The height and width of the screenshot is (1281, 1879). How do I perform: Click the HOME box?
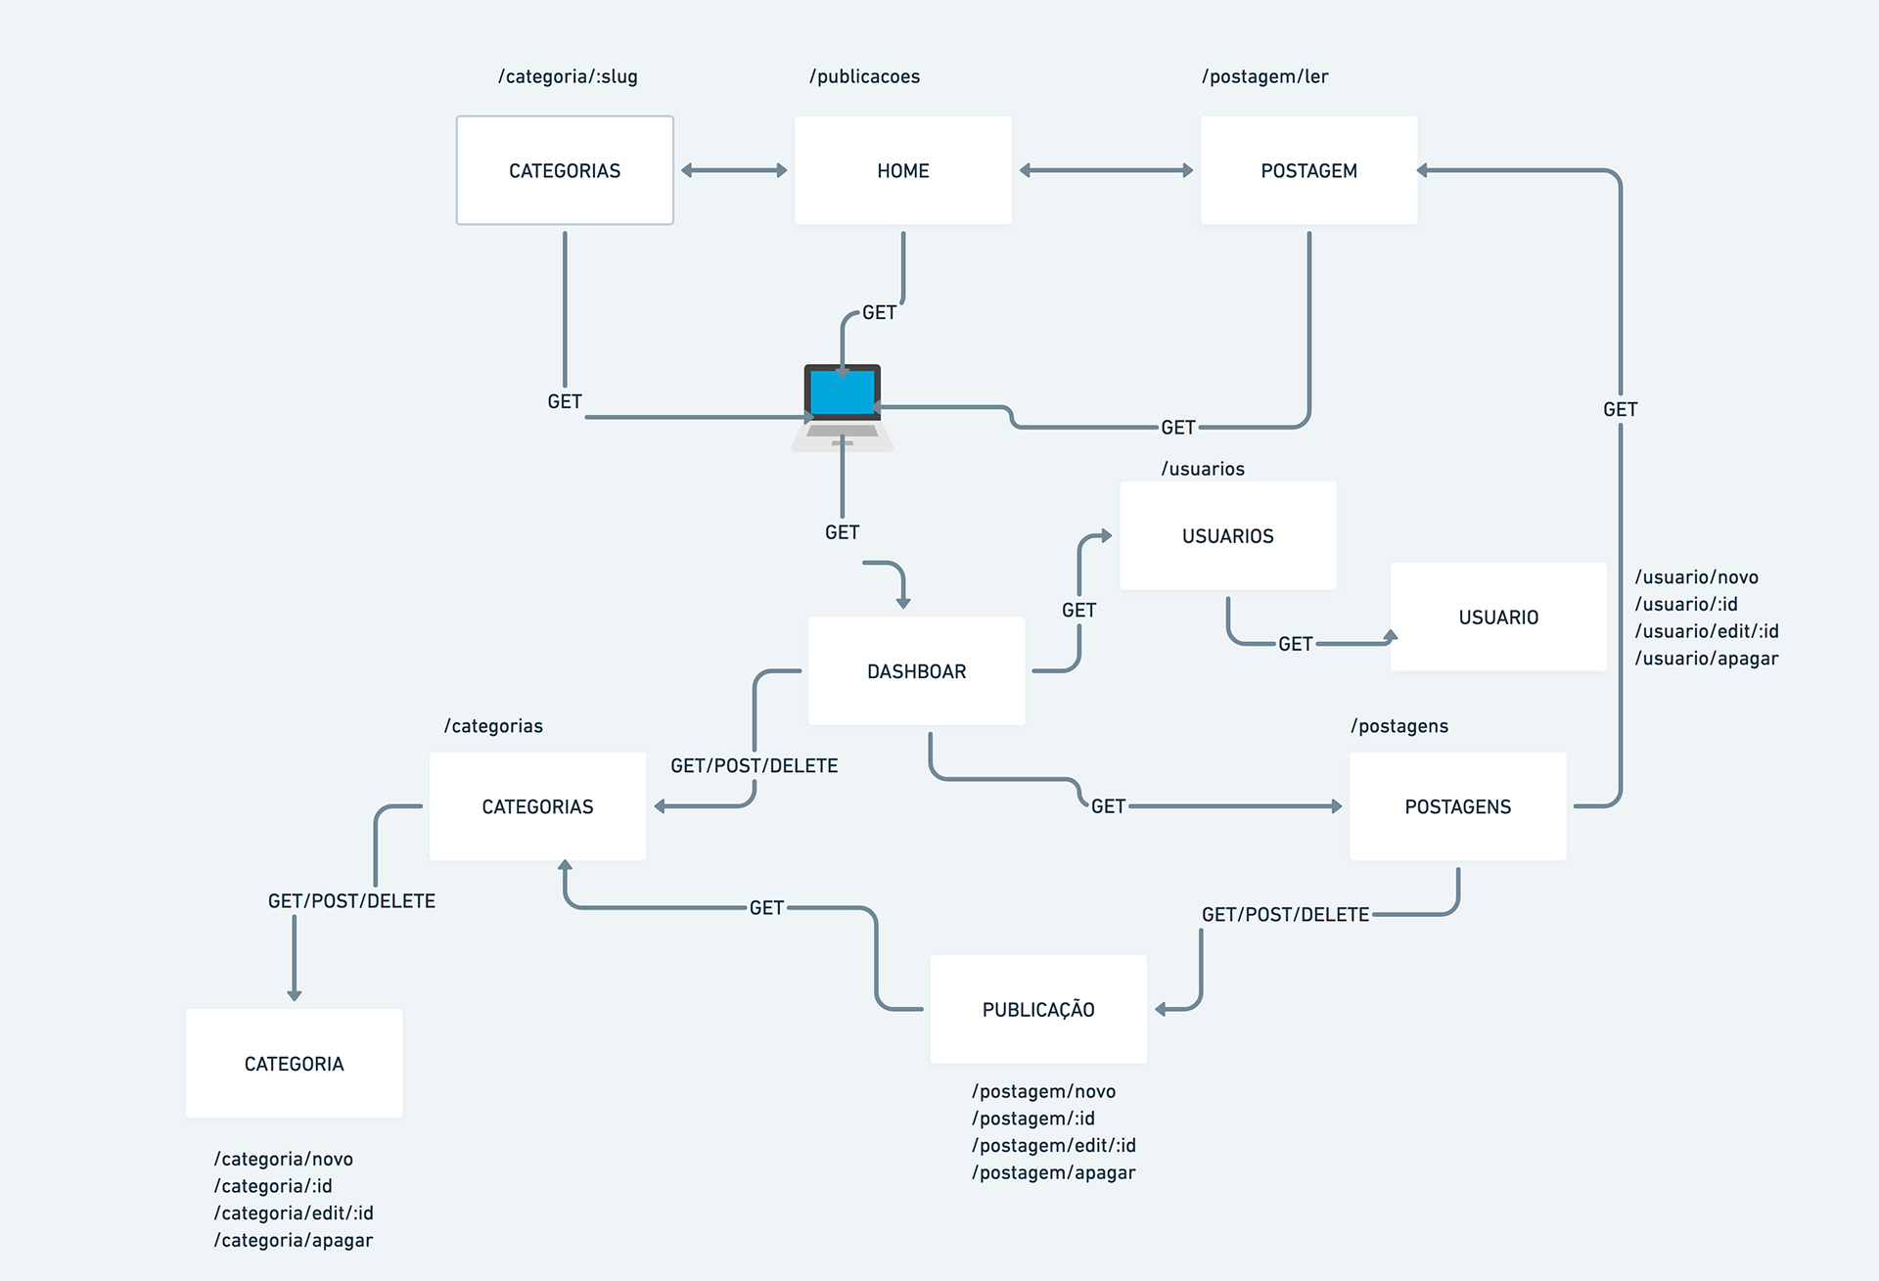[x=902, y=170]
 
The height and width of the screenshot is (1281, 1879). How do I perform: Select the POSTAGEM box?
[x=1308, y=170]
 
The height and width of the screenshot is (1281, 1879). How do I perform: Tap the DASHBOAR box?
[x=916, y=671]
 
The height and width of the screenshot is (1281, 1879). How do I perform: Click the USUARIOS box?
[x=1227, y=535]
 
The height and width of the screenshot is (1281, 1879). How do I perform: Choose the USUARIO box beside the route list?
[x=1497, y=617]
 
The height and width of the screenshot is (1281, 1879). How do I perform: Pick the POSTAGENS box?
[x=1457, y=806]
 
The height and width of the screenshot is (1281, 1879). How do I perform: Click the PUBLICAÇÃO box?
[x=1037, y=1009]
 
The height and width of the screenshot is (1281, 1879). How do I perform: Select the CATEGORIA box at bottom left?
[x=294, y=1064]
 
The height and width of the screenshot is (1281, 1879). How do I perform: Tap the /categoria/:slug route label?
[x=568, y=76]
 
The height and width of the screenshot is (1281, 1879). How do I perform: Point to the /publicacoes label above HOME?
[x=864, y=76]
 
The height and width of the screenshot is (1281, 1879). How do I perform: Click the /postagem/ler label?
[x=1264, y=76]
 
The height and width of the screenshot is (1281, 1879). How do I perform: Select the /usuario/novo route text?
[x=1696, y=577]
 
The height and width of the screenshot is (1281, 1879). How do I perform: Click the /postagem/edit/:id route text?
[x=1053, y=1145]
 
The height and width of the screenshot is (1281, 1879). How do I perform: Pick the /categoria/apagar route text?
[x=294, y=1240]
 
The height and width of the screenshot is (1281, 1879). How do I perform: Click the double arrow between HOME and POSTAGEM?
[x=1106, y=170]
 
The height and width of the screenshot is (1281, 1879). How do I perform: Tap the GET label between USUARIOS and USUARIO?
[x=1295, y=644]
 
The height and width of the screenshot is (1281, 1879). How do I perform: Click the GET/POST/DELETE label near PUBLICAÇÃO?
[x=1284, y=914]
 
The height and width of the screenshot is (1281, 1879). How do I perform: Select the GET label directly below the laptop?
[x=842, y=532]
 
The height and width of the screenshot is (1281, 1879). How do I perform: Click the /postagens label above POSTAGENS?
[x=1398, y=726]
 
